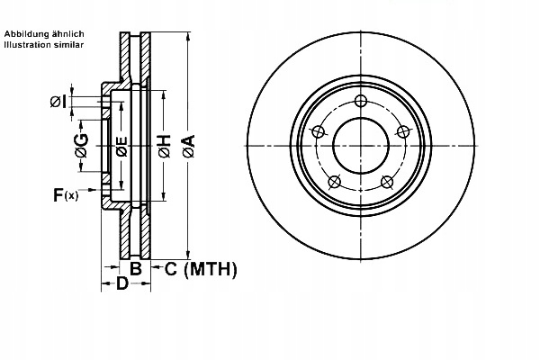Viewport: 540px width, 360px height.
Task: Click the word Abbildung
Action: pos(26,33)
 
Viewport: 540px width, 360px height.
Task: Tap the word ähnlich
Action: pos(67,33)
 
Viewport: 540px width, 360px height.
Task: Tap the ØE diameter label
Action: pos(123,148)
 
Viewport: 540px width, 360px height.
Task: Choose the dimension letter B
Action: pos(135,268)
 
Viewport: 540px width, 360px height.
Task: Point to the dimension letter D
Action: pos(121,284)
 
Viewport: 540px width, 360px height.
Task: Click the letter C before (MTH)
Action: pos(169,268)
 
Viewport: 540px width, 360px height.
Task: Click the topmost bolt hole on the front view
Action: pos(361,101)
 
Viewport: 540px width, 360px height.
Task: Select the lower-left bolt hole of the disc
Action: pos(334,180)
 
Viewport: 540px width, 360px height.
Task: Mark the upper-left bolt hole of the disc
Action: pos(317,131)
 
